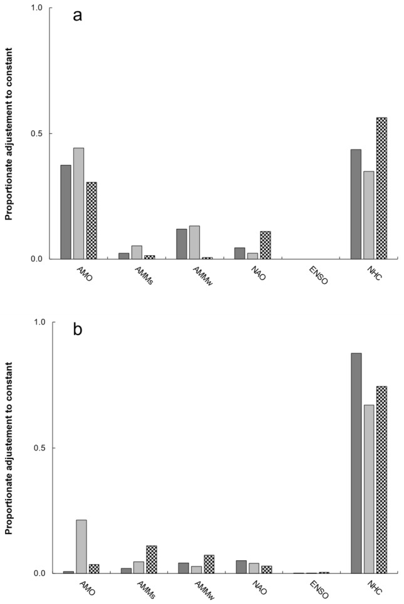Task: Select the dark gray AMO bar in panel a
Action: click(x=66, y=212)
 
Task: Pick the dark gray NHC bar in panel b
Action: click(x=356, y=463)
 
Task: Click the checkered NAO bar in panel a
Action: click(x=266, y=245)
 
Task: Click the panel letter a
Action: click(x=78, y=16)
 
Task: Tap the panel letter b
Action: click(x=78, y=330)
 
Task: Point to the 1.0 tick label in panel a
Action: click(x=38, y=8)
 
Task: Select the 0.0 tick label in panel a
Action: click(x=38, y=259)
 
